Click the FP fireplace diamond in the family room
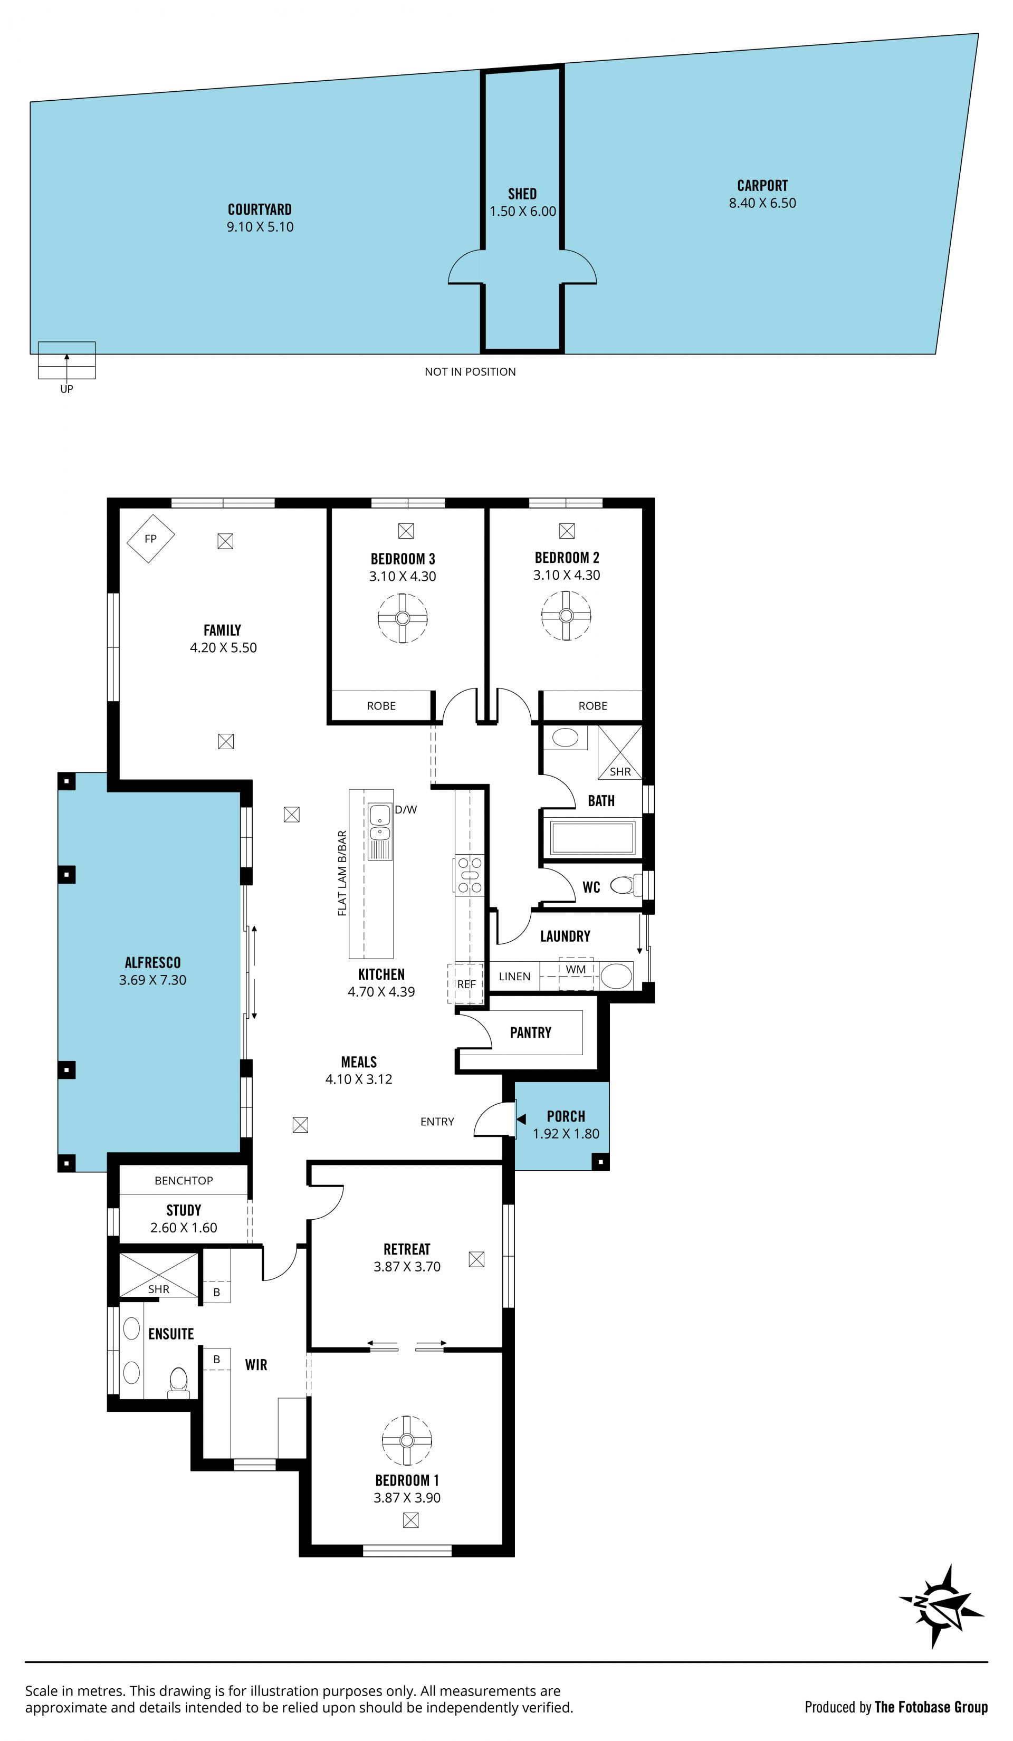click(151, 538)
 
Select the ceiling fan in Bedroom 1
click(407, 1440)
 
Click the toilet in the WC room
click(624, 885)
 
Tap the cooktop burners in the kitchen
click(469, 875)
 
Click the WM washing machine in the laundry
click(576, 973)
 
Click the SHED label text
click(522, 194)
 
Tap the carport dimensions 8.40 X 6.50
click(762, 203)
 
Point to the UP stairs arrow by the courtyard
click(67, 366)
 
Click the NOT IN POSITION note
click(470, 372)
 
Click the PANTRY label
click(531, 1033)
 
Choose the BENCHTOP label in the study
click(184, 1181)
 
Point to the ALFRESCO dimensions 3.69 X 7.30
click(152, 980)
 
